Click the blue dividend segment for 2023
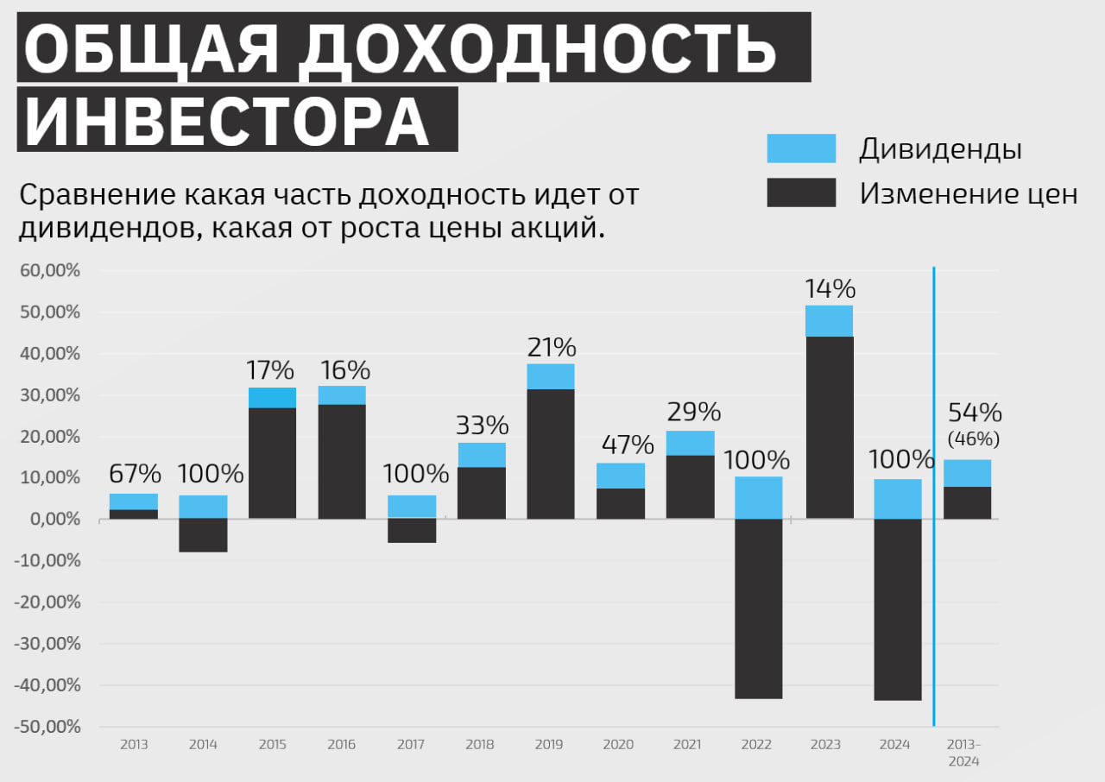[829, 321]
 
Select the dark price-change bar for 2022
[759, 609]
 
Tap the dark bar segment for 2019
[551, 454]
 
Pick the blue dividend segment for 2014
[203, 507]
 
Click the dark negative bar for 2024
[898, 609]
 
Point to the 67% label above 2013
[135, 474]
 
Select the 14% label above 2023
[829, 287]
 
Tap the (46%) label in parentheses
[974, 439]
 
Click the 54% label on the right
[975, 412]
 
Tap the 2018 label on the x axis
[480, 745]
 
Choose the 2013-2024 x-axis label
[964, 752]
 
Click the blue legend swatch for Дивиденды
[801, 148]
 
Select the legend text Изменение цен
[968, 193]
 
